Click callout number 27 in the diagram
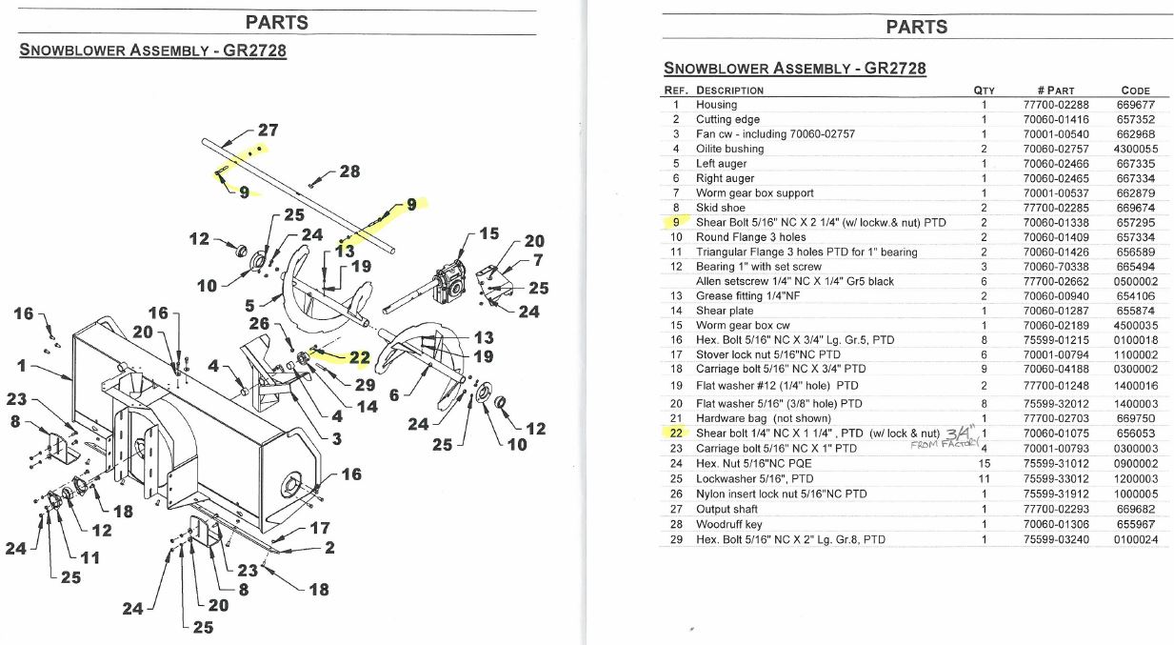tap(268, 130)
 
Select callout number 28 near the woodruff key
tap(349, 171)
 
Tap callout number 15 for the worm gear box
tap(488, 232)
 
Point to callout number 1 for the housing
tap(22, 365)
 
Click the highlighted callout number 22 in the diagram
tap(359, 357)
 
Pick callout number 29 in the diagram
tap(365, 385)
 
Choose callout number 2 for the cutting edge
tap(329, 547)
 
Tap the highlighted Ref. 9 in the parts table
tap(676, 222)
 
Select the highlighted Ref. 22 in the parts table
tap(675, 433)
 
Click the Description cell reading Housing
tap(716, 105)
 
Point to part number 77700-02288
tap(1055, 105)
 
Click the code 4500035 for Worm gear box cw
tap(1136, 325)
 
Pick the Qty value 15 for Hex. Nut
tap(984, 463)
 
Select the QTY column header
tap(984, 91)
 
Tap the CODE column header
tap(1135, 91)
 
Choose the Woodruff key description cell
tap(729, 524)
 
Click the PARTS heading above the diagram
tap(276, 23)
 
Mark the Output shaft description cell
tap(726, 509)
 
